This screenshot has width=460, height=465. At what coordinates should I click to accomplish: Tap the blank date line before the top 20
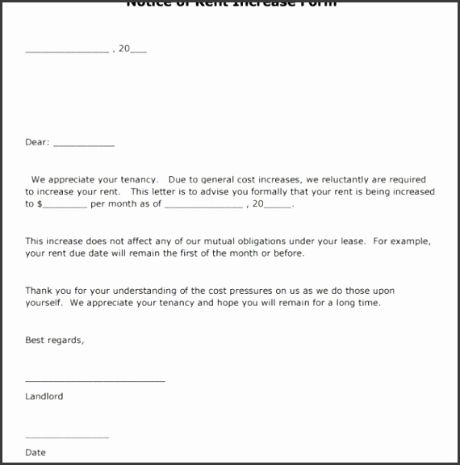(67, 51)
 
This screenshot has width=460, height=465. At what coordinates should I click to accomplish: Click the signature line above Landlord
(95, 379)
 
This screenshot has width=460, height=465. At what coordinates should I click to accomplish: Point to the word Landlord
(44, 396)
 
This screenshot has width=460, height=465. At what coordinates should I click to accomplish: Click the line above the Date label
(67, 437)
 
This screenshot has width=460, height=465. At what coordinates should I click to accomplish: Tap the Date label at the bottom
(36, 453)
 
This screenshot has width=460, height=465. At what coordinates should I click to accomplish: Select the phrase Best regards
(54, 341)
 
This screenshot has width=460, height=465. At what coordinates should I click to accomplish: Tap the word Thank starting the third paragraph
(38, 291)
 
